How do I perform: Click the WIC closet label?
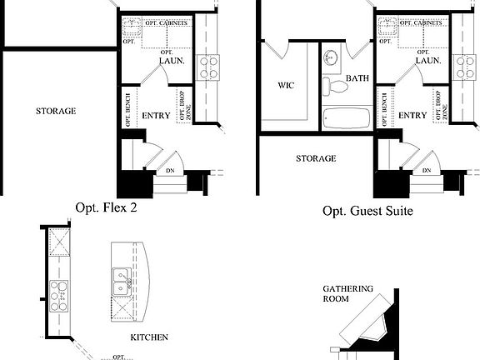pos(285,86)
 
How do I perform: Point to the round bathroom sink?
pos(332,58)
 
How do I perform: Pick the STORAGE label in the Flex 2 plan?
pos(56,111)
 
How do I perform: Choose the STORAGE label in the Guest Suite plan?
pos(316,158)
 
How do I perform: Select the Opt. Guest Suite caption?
pos(367,211)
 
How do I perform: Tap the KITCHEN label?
pos(149,337)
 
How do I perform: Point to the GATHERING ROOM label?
pos(347,294)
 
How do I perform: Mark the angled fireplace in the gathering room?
pos(372,326)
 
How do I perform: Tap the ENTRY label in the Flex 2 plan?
pos(156,115)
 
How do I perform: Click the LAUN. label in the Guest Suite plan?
pos(427,61)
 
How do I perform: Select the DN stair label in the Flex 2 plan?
pos(170,171)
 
